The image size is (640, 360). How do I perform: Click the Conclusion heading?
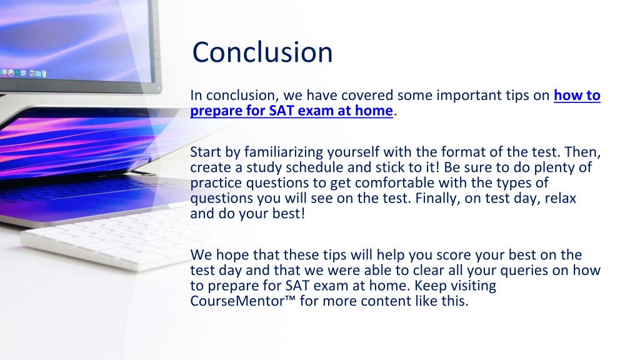pos(262,52)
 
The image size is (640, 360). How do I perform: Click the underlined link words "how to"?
pos(577,95)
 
